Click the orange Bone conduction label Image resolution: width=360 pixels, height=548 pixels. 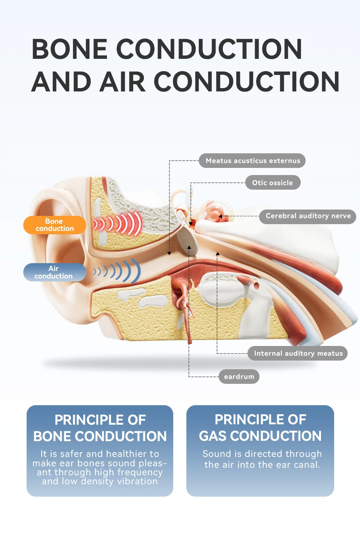55,225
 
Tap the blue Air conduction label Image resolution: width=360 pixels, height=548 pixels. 54,272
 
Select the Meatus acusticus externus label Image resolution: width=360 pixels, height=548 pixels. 252,161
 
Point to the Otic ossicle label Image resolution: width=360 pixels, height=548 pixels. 273,183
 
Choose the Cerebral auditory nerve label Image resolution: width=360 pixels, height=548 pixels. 308,216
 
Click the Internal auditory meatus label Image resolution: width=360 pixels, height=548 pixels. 298,353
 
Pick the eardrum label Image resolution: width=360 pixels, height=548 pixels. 239,376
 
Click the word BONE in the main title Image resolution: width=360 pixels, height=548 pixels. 69,49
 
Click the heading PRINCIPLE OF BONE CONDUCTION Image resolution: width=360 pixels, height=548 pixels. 100,428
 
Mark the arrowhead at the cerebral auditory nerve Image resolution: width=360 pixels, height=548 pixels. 220,216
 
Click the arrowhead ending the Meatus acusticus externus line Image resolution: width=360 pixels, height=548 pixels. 169,254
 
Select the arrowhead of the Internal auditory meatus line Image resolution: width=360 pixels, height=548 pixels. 217,254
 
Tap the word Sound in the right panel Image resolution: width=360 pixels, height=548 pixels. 216,454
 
